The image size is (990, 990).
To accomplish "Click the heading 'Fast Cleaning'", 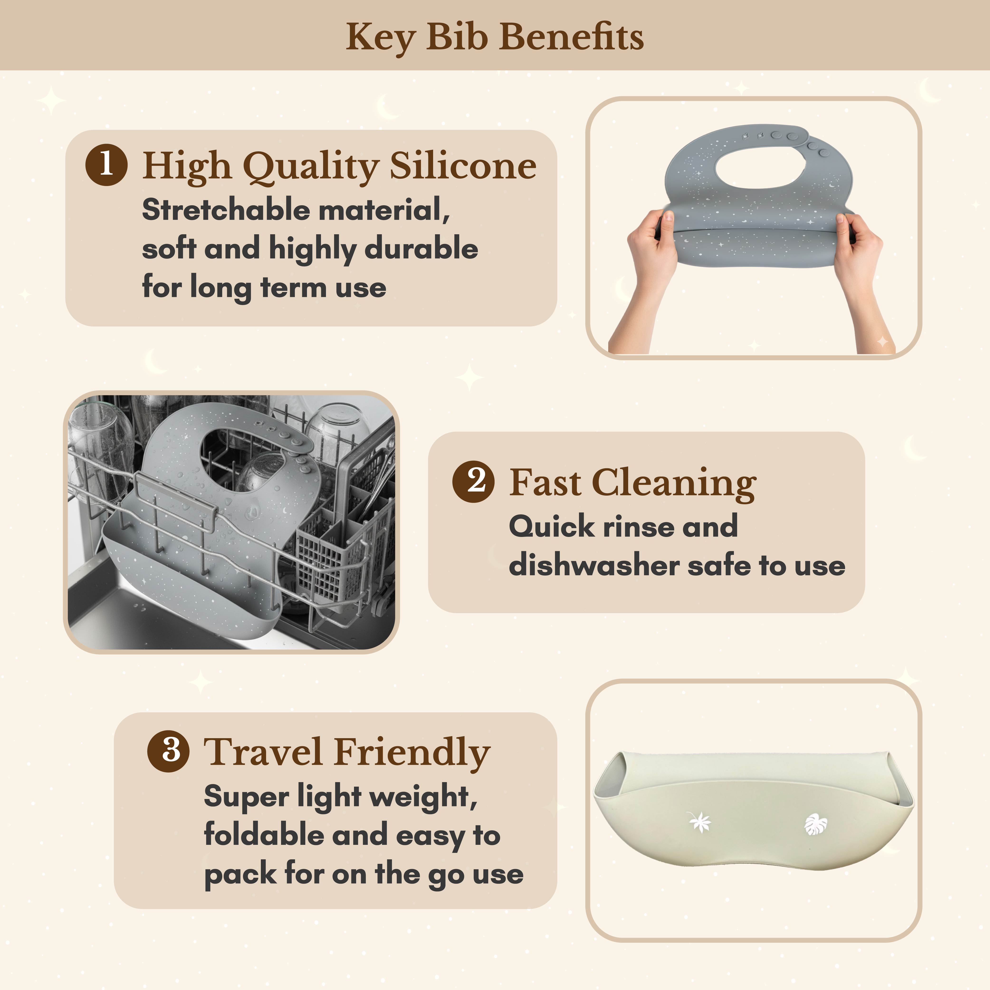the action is (633, 483).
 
